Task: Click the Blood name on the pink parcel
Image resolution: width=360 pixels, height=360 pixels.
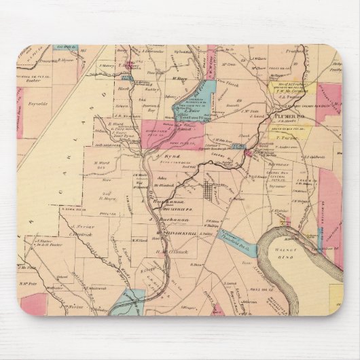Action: point(166,125)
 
